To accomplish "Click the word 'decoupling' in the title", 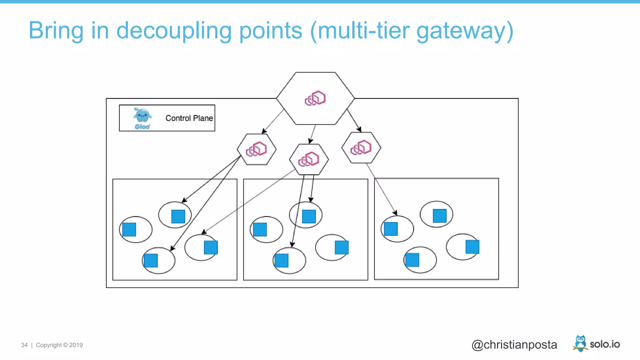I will (173, 31).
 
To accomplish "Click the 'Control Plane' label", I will (189, 118).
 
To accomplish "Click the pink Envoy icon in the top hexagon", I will (315, 98).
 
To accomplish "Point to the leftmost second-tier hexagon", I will (256, 149).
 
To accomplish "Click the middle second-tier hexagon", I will (309, 159).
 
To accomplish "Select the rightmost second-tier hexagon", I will (361, 147).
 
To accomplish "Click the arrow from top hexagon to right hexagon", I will (354, 120).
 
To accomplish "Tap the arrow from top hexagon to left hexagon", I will (273, 121).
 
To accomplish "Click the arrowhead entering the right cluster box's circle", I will (396, 213).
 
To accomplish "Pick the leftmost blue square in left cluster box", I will (129, 229).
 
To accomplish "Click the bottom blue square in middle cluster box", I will (282, 261).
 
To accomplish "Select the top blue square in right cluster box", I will (439, 216).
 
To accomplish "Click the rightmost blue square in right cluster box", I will (472, 247).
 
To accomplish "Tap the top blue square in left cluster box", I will (178, 217).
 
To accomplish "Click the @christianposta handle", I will (514, 345).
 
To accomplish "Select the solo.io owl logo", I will (580, 343).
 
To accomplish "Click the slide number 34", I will (24, 345).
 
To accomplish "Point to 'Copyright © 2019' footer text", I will (59, 345).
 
